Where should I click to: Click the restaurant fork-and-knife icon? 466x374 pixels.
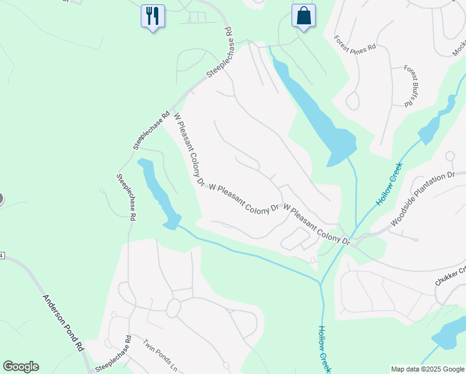[x=152, y=15]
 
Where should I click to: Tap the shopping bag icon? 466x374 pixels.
[x=303, y=15]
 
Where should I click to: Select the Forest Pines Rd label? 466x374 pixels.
[x=354, y=43]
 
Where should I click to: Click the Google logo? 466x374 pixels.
[x=21, y=367]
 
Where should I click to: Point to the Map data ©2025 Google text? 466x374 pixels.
[x=427, y=369]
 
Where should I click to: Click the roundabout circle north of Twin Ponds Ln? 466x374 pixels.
[x=173, y=307]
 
